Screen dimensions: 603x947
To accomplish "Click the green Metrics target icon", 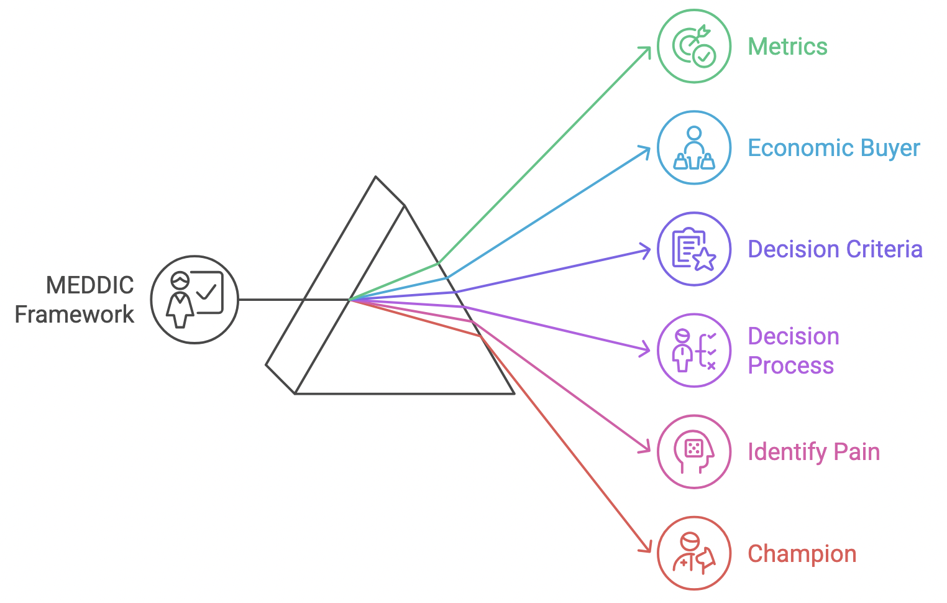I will [694, 47].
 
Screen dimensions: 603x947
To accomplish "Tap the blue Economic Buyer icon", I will [694, 148].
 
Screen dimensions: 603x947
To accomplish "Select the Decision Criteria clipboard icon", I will [694, 249].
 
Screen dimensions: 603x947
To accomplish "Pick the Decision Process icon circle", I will [694, 351].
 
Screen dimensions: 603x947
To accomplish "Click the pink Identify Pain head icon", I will [694, 452].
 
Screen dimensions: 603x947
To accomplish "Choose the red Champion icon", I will [694, 553].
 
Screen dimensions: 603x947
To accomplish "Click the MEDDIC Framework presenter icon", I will [194, 300].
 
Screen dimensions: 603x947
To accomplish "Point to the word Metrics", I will [787, 47].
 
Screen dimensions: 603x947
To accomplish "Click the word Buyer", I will [887, 149].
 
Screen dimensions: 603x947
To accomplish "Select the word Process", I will [790, 366].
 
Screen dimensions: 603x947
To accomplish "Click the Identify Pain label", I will [813, 452].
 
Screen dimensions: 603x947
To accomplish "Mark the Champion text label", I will [802, 554].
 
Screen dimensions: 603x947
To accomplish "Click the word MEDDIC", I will [90, 285].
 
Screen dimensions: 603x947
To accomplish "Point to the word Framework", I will [74, 315].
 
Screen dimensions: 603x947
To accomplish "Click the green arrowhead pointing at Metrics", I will [647, 50].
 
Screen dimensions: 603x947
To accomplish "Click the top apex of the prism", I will [376, 177].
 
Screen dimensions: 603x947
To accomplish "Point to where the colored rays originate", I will [350, 300].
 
